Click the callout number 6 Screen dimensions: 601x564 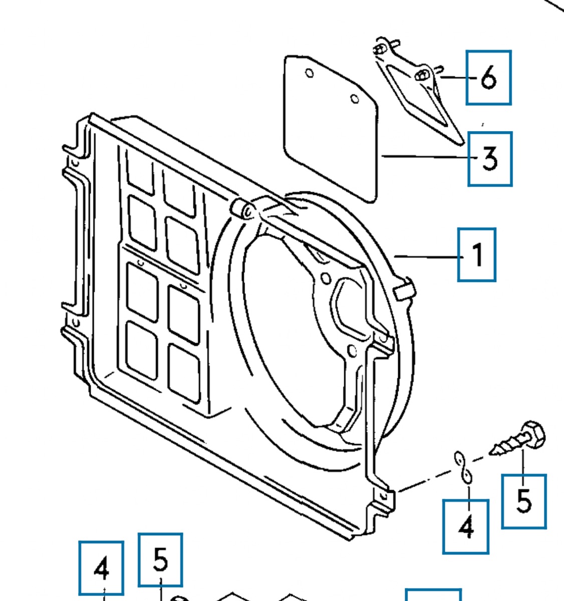(x=488, y=78)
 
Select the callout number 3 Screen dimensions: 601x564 (x=490, y=158)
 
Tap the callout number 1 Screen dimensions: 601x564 (x=477, y=254)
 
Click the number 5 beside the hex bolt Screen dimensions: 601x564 (x=524, y=501)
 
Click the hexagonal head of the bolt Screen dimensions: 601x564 (x=534, y=434)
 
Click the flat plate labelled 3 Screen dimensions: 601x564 (x=331, y=130)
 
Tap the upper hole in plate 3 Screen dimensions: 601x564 (x=310, y=74)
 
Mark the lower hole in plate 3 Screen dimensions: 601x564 (x=355, y=100)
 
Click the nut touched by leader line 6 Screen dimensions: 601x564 (x=422, y=75)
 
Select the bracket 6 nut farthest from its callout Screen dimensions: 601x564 (x=380, y=50)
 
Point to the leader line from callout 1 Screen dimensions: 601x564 (x=426, y=256)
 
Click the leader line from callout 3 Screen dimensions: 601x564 (x=426, y=157)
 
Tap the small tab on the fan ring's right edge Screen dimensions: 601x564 (x=404, y=290)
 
